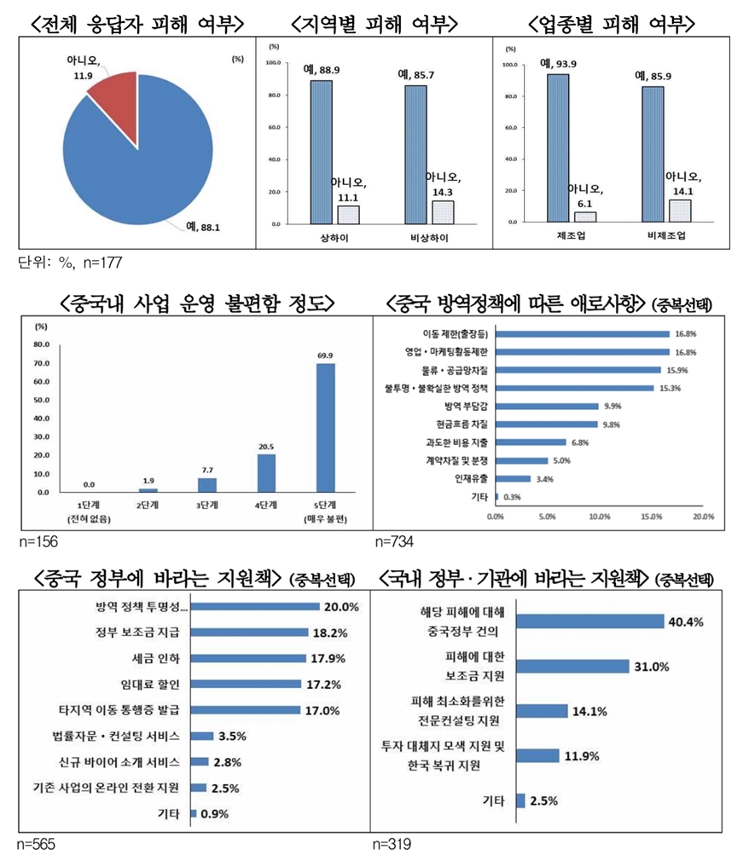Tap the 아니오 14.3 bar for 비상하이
coord(443,211)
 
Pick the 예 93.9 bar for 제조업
coord(558,147)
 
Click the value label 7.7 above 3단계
coord(206,469)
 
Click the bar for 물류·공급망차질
coord(579,369)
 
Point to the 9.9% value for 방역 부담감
coord(613,406)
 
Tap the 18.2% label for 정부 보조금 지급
coord(328,633)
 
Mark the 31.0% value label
coord(652,666)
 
